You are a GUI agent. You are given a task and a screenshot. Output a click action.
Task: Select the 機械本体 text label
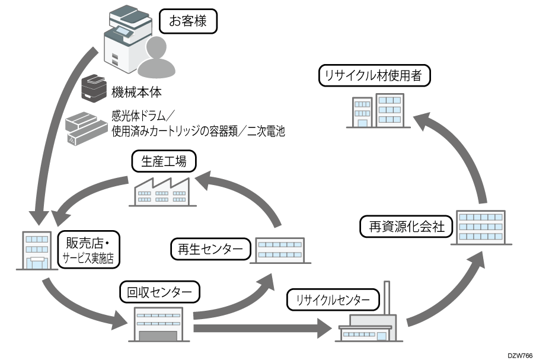tap(136, 93)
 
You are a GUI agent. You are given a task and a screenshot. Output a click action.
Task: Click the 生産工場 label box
tap(163, 161)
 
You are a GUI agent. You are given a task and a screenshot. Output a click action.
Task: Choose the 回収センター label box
tap(159, 292)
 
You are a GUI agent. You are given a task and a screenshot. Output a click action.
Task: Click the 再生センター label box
tap(210, 249)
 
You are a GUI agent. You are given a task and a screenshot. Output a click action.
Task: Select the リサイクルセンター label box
tap(333, 300)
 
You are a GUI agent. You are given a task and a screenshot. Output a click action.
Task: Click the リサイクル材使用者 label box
tap(374, 75)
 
